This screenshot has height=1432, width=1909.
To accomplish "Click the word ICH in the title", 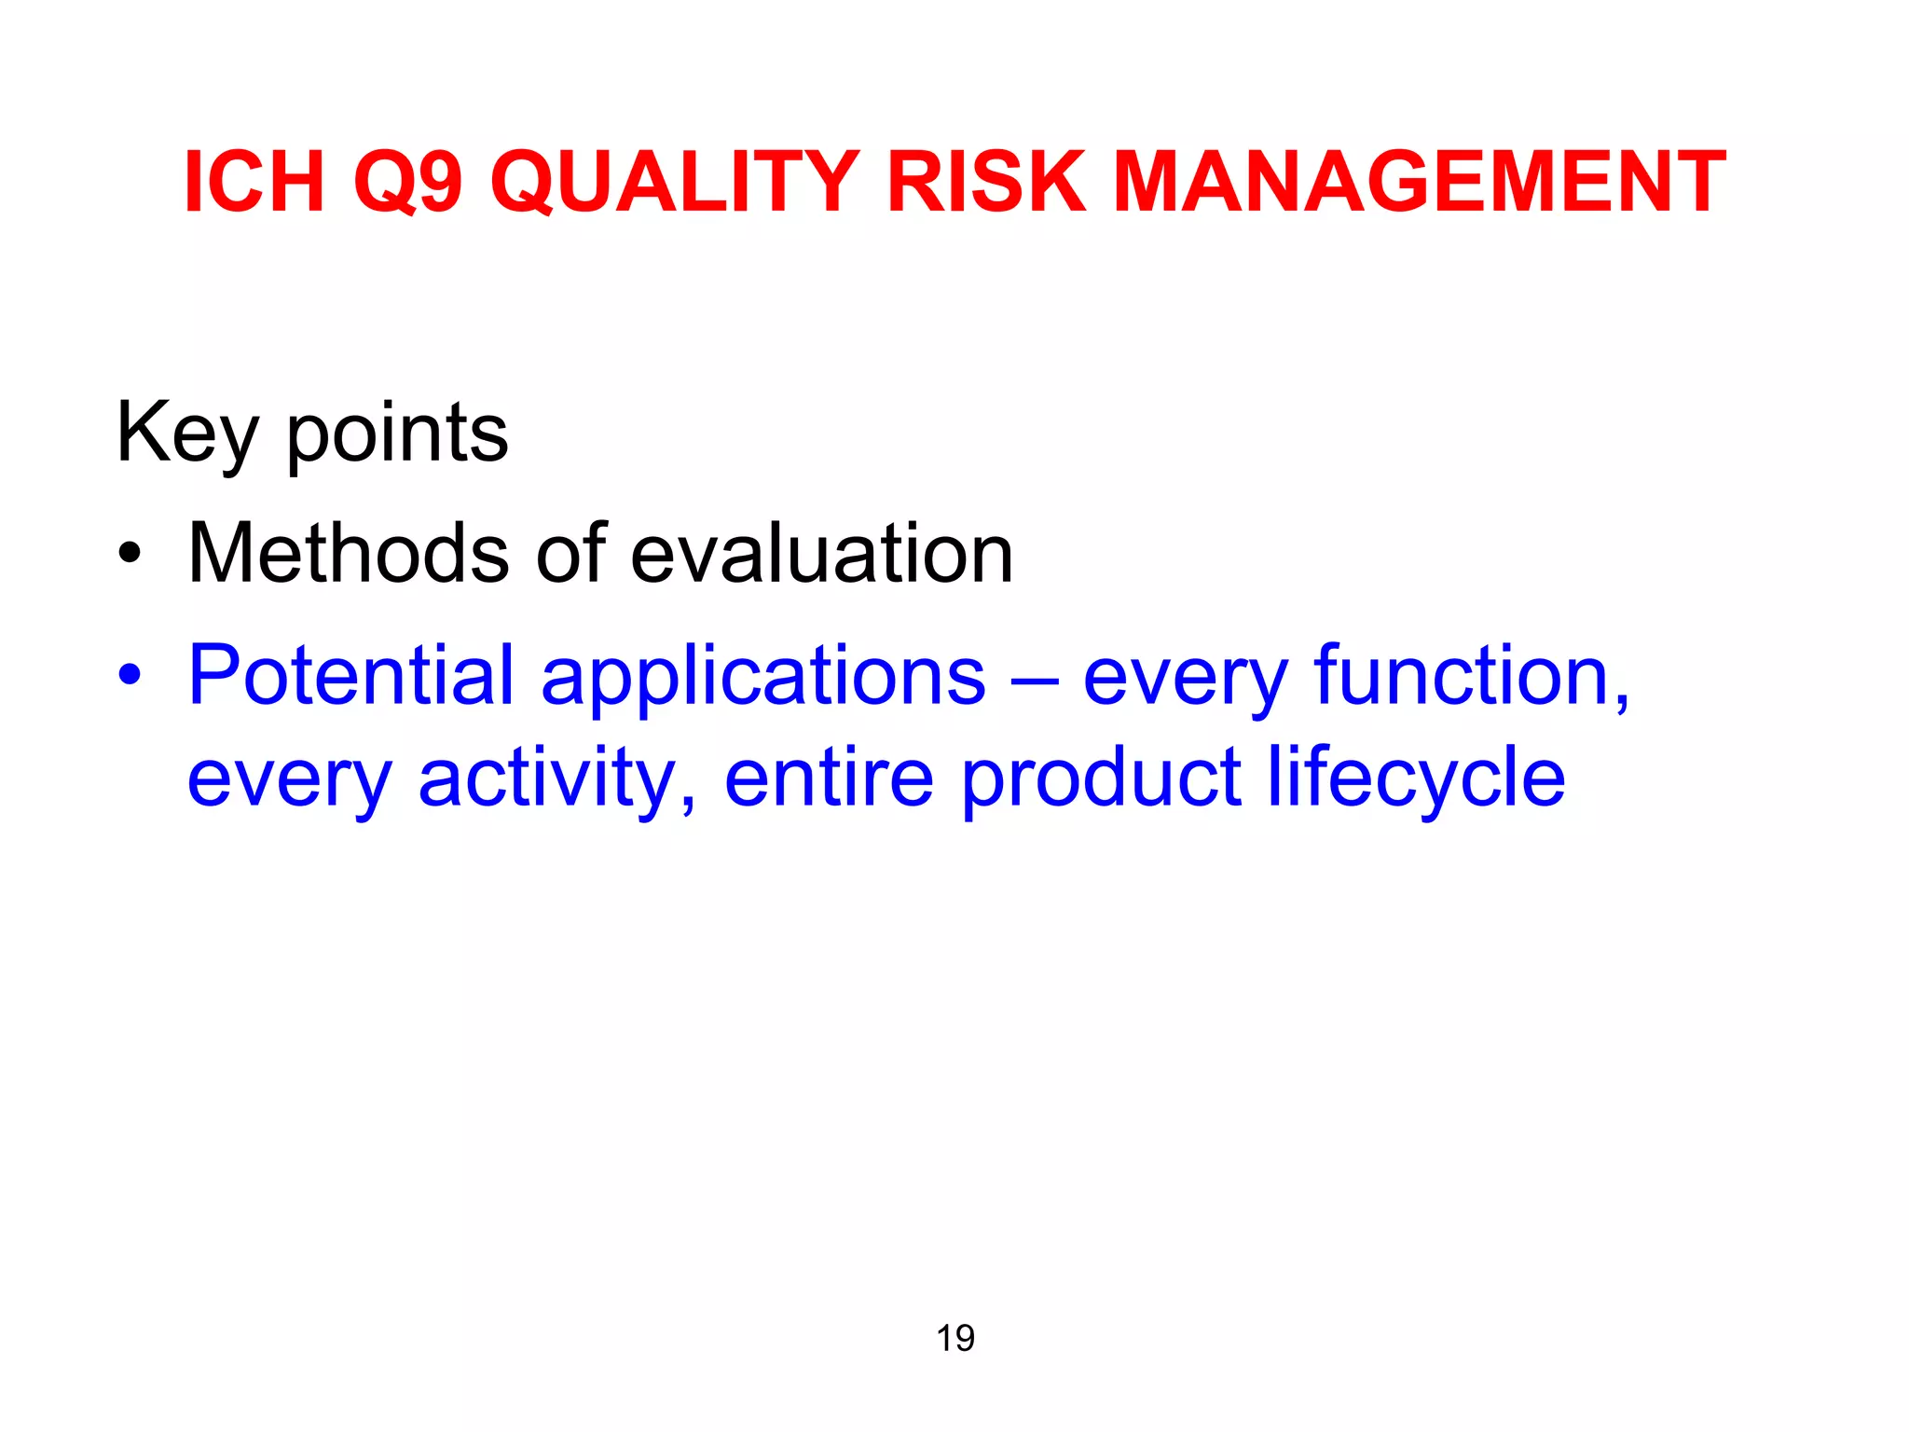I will coord(254,183).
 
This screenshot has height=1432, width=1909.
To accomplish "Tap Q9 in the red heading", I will coord(407,183).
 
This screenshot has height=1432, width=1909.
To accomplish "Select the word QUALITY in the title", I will coord(674,183).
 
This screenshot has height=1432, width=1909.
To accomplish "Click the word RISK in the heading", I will coord(986,183).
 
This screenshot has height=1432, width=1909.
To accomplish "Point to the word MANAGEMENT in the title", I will coord(1419,183).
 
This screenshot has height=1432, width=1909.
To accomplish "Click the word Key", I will coord(186,434).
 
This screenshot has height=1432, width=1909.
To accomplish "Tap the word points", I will coord(397,434).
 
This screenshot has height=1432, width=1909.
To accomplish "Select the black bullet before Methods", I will coord(130,556).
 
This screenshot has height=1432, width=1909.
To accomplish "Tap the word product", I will coord(1101,779).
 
